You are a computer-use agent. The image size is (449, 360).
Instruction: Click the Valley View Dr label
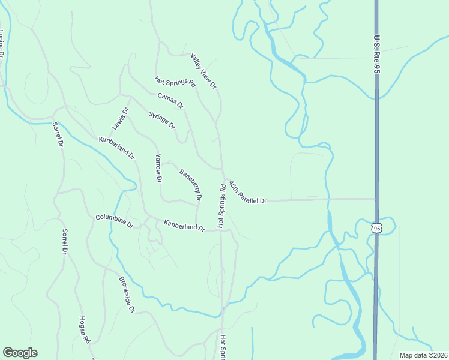(204, 71)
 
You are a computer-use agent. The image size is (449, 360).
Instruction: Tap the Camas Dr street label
(170, 100)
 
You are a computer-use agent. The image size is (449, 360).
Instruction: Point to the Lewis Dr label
(121, 119)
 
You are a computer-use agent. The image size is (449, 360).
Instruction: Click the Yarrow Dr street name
(158, 168)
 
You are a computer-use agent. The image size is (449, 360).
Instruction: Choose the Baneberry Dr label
(190, 184)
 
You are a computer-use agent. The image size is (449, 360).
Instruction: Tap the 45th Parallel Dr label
(247, 192)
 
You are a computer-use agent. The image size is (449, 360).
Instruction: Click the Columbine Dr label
(114, 221)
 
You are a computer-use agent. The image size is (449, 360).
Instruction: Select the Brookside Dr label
(127, 295)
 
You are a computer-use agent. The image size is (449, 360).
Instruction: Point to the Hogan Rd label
(85, 331)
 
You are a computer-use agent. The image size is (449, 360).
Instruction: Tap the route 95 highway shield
(376, 228)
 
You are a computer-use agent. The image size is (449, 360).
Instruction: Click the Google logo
(20, 353)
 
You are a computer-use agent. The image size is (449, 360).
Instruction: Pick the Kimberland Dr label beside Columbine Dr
(184, 226)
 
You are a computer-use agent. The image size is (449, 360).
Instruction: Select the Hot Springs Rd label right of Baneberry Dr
(221, 206)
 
